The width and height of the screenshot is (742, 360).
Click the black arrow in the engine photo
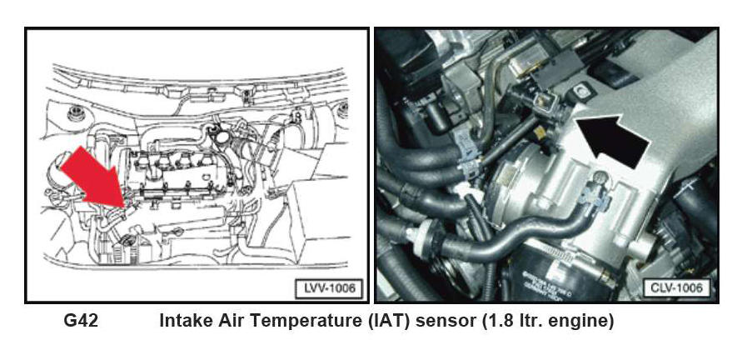(x=611, y=140)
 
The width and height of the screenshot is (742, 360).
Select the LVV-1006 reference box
(x=329, y=288)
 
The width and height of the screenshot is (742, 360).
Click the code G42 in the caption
(x=81, y=321)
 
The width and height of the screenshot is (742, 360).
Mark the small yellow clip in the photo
(x=539, y=132)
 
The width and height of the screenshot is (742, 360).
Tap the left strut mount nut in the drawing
(x=74, y=113)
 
